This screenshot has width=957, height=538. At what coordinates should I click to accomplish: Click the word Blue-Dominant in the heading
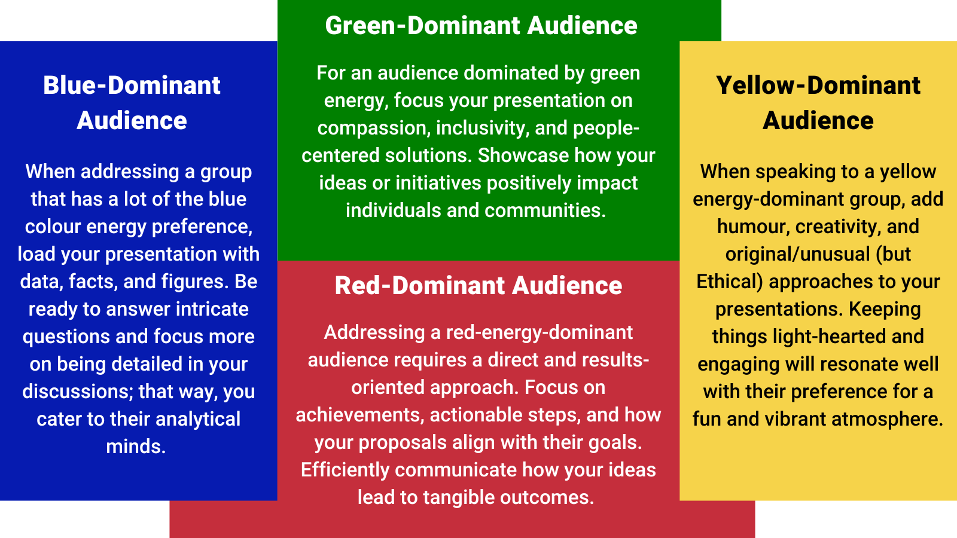(132, 85)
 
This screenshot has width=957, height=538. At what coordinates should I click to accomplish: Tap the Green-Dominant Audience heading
(481, 26)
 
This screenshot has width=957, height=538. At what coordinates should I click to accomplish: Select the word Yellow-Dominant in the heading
(818, 85)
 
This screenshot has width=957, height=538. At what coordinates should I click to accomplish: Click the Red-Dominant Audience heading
(478, 286)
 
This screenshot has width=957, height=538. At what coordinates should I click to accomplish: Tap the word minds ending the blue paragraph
(135, 447)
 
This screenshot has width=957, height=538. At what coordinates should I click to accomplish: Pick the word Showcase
(523, 155)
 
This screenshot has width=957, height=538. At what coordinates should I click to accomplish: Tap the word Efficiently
(345, 470)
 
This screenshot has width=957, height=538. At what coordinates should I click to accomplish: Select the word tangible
(458, 497)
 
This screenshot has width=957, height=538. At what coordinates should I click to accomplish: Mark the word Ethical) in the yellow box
(730, 282)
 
